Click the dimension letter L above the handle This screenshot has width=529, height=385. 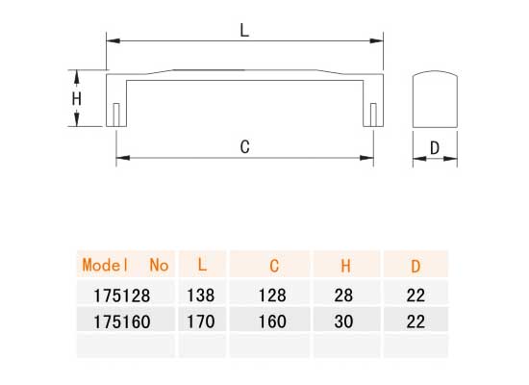point(244,30)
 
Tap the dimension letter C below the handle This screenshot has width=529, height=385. point(244,147)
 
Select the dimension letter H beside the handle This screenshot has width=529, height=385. point(77,98)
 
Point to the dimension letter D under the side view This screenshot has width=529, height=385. point(434,148)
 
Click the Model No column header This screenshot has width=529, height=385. point(125,265)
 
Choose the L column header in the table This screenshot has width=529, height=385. point(201,265)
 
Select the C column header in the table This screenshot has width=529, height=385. point(274,265)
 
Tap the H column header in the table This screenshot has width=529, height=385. point(346,265)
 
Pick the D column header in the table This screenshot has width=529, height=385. point(416,265)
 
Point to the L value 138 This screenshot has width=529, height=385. point(201,294)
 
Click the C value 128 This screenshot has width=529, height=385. point(274,294)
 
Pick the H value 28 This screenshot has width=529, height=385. point(346,294)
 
